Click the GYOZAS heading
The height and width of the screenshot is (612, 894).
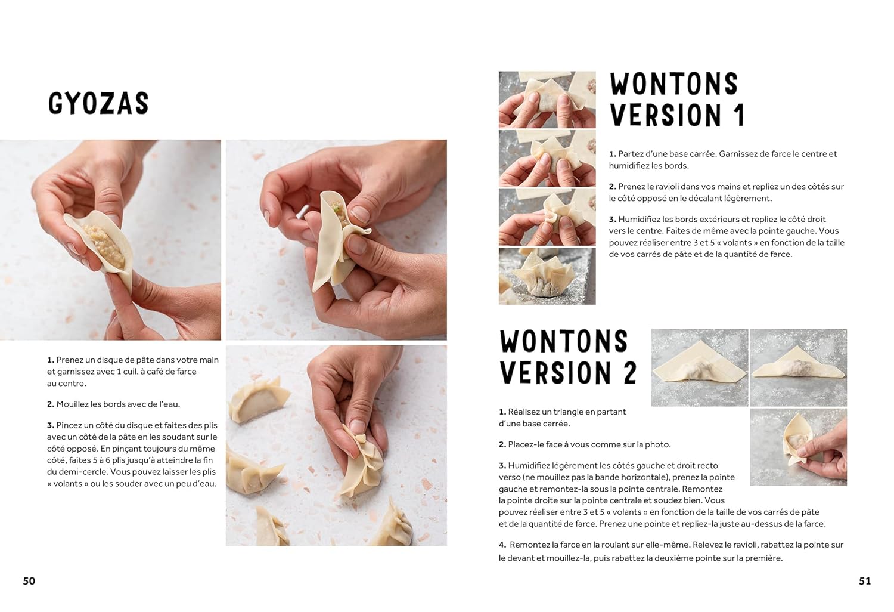[x=98, y=103]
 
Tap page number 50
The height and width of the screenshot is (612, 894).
[x=29, y=581]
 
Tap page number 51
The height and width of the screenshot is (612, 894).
[x=865, y=581]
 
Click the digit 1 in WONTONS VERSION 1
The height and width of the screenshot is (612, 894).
[x=739, y=115]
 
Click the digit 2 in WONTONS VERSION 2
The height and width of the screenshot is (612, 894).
[x=630, y=373]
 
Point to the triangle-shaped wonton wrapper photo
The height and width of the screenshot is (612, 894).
[x=700, y=367]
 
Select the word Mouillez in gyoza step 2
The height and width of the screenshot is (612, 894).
[x=73, y=404]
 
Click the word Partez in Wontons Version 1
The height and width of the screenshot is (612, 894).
[x=630, y=154]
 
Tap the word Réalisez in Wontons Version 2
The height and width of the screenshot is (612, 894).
[x=524, y=412]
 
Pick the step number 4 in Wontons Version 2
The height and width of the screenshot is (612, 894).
[x=502, y=545]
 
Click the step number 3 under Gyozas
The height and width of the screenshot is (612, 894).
[x=50, y=425]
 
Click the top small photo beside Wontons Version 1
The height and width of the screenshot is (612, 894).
[x=547, y=100]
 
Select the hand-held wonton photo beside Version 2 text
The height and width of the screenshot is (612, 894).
[x=798, y=447]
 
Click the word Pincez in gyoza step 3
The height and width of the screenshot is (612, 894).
[x=70, y=425]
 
